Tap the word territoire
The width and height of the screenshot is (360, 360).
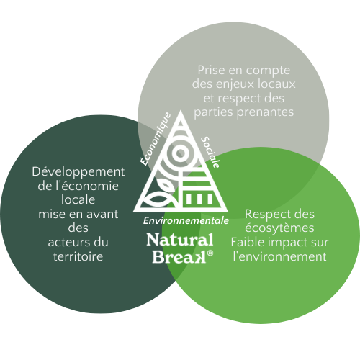[x=78, y=256]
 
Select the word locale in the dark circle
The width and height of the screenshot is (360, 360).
[x=78, y=199]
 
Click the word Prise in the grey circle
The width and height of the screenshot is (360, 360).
[x=211, y=70]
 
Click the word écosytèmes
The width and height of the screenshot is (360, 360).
[x=279, y=228]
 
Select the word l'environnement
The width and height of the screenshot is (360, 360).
[x=279, y=256]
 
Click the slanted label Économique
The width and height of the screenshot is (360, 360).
[x=156, y=139]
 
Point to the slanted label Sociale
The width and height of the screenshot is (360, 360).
[x=210, y=153]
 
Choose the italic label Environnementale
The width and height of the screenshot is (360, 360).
[x=186, y=220]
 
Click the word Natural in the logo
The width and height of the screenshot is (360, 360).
[x=180, y=240]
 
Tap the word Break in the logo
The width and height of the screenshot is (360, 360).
[x=179, y=257]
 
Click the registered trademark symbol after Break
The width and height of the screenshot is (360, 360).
[x=210, y=253]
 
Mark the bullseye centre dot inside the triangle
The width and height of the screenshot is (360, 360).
[x=181, y=153]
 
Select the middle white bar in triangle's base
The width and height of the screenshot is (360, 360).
[x=199, y=199]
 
